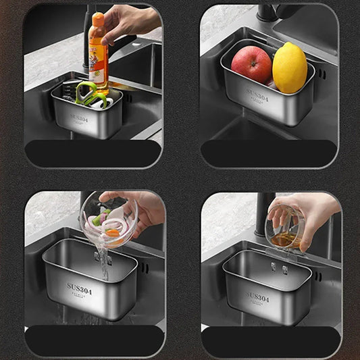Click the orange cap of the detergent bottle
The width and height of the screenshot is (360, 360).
click(x=99, y=19)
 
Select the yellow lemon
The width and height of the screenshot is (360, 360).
click(x=289, y=68)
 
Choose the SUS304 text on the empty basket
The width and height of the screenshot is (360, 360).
click(x=257, y=297)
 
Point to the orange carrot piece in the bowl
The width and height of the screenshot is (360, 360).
click(x=113, y=233)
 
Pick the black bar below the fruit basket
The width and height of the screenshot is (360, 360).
click(x=269, y=154)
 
